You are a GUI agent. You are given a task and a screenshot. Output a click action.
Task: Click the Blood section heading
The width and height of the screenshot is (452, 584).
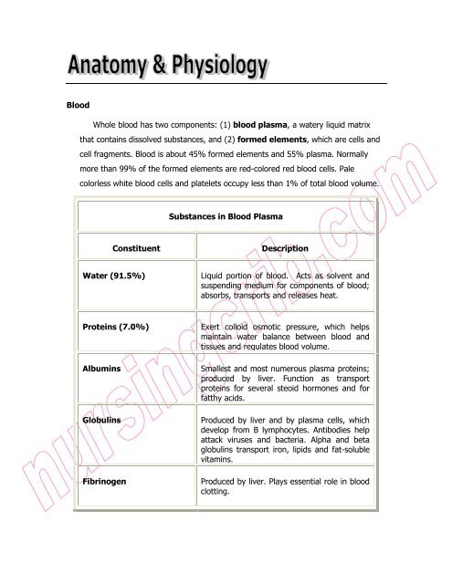click(x=68, y=105)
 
